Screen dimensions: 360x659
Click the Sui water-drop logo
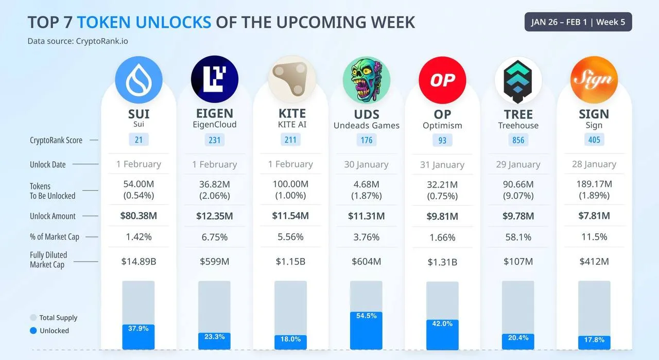[x=138, y=80]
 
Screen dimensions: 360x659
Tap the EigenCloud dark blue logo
[x=214, y=80]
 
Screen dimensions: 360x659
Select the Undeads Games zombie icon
[x=367, y=80]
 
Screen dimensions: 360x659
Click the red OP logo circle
[x=442, y=80]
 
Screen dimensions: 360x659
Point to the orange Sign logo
[x=594, y=80]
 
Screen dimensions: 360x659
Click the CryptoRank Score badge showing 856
[x=518, y=140]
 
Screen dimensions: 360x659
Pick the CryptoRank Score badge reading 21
[x=138, y=140]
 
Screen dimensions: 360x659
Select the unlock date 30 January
[x=367, y=164]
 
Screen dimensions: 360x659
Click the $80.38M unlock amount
[x=138, y=216]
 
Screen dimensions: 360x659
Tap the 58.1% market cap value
[x=518, y=237]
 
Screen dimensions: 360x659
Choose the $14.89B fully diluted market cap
[x=138, y=262]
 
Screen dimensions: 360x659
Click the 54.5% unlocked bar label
[x=367, y=316]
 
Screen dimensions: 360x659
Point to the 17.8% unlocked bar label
[x=594, y=340]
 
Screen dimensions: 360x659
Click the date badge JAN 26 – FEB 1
[x=578, y=22]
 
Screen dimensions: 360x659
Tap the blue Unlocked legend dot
[x=33, y=331]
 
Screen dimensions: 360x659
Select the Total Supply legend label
[x=58, y=318]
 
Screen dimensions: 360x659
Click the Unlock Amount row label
[x=53, y=216]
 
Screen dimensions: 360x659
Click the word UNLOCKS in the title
[x=144, y=22]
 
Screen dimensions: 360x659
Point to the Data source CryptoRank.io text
[x=78, y=41]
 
